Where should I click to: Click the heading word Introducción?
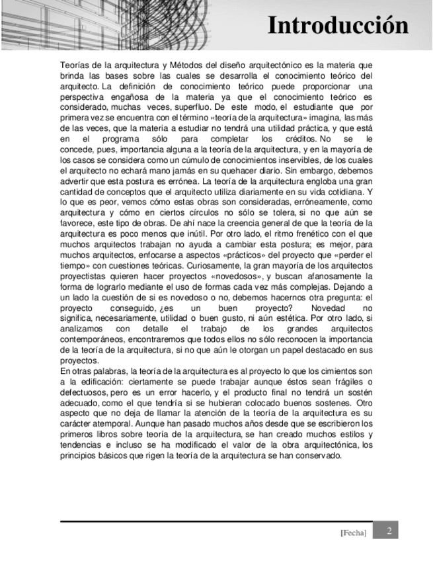[x=338, y=25]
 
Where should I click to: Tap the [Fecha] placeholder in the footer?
[x=353, y=533]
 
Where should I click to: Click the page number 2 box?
[x=389, y=531]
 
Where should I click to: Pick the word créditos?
[x=298, y=140]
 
